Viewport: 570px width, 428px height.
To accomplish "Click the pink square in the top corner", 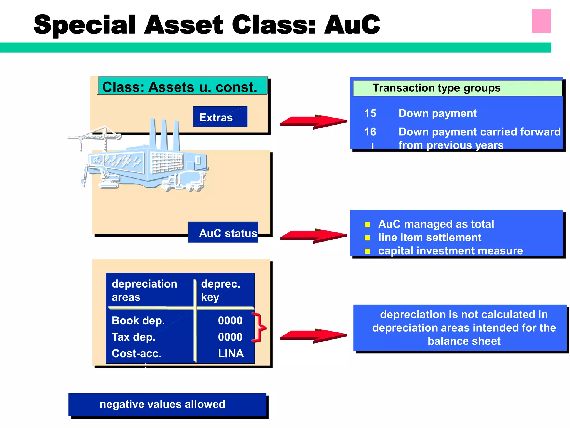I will pos(541,21).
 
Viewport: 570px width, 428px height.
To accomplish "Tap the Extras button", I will pos(220,117).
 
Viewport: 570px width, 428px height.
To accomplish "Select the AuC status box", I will pos(223,232).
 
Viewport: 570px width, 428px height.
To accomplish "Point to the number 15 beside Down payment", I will pos(370,113).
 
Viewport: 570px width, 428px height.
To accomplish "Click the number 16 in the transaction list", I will pos(370,132).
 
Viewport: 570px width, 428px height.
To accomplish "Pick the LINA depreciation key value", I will pos(231,353).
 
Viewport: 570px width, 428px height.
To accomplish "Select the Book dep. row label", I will pos(138,320).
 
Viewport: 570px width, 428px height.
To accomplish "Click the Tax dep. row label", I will pos(133,337).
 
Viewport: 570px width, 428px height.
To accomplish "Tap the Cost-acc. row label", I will pos(136,353).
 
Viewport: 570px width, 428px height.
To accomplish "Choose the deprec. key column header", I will pos(220,290).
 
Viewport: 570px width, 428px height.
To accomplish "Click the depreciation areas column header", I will pos(144,290).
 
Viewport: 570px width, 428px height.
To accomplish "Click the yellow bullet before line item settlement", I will pos(367,238).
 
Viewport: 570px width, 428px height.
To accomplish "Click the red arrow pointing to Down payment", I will pos(313,122).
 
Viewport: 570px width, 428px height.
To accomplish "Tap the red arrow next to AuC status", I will pos(313,236).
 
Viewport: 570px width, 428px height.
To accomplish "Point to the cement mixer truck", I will pos(185,181).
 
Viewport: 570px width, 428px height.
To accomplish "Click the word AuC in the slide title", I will pos(352,25).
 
